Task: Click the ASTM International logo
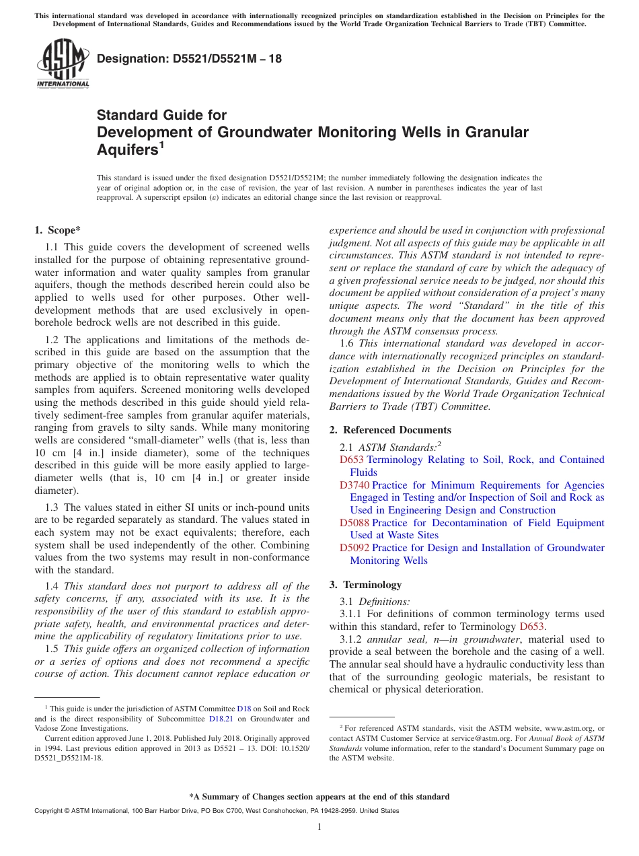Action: pos(63,64)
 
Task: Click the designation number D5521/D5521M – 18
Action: pos(189,59)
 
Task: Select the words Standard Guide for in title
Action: pos(161,115)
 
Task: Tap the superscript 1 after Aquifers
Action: pos(161,145)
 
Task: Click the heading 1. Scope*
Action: pos(58,229)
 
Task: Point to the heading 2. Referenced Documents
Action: pos(390,430)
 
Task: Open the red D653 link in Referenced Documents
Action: pos(352,460)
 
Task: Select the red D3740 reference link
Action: pos(354,485)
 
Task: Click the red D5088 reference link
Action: pos(354,523)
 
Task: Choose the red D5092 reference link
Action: pos(354,548)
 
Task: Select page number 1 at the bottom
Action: pos(319,827)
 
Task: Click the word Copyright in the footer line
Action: pos(49,811)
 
